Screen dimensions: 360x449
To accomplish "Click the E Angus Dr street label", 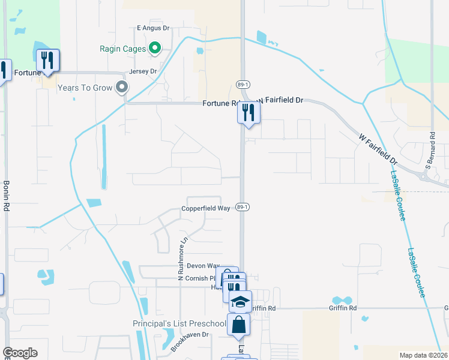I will (x=154, y=28).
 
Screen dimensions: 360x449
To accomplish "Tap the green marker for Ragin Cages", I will (x=154, y=48).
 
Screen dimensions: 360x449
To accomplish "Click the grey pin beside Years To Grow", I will (x=122, y=88).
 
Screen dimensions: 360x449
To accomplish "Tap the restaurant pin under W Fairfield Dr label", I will (x=249, y=113).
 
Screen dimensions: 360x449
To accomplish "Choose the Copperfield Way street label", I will (x=206, y=208).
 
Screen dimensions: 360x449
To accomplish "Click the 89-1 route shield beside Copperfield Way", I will (x=243, y=207).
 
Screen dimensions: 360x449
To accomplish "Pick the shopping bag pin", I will (x=239, y=325).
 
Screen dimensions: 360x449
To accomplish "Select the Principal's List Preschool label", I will (x=179, y=324).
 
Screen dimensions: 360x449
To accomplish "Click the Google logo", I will (x=20, y=353).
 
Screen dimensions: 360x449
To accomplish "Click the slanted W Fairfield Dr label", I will (x=378, y=150).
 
